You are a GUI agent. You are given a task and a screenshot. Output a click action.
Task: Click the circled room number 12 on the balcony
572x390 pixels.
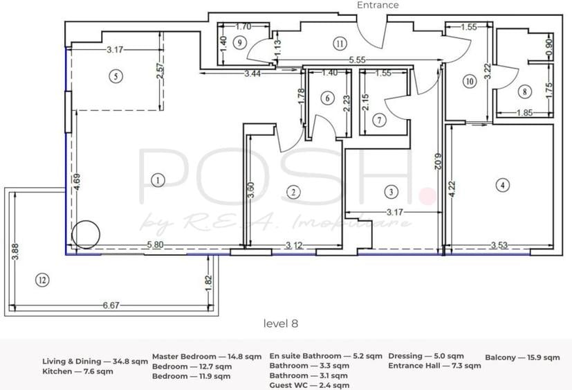[42, 281]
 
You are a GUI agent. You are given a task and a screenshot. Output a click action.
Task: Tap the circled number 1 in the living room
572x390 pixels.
[158, 180]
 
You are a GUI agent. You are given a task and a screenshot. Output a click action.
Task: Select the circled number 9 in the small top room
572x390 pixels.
[240, 43]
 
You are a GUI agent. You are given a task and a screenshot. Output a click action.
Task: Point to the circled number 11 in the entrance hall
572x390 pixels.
[340, 44]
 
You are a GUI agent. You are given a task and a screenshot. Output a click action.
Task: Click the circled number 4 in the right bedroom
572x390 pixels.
[503, 185]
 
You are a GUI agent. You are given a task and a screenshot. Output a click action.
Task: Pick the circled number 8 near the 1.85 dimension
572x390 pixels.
[524, 91]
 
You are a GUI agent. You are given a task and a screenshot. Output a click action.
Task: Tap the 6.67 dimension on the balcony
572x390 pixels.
[111, 305]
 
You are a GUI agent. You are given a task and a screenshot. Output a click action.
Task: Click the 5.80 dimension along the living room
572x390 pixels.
[155, 245]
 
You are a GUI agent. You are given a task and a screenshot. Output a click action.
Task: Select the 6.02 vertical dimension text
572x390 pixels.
[438, 161]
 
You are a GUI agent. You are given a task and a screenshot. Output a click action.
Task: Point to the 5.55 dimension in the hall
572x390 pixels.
[357, 60]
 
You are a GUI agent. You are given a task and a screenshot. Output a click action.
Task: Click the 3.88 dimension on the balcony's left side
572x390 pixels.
[15, 252]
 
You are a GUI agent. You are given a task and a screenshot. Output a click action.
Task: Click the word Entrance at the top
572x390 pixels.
[378, 5]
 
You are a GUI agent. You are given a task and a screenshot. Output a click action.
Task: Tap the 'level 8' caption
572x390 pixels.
[281, 323]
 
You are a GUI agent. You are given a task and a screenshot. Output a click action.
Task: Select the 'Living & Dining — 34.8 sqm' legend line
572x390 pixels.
[95, 362]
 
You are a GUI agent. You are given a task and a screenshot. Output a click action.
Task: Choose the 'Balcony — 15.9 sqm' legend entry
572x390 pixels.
[522, 357]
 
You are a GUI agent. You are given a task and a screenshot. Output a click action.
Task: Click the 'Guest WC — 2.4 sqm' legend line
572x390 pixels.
[309, 385]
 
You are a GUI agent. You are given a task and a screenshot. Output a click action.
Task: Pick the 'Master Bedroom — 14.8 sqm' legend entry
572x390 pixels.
[207, 356]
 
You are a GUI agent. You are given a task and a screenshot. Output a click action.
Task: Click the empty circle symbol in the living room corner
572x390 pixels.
[86, 235]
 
